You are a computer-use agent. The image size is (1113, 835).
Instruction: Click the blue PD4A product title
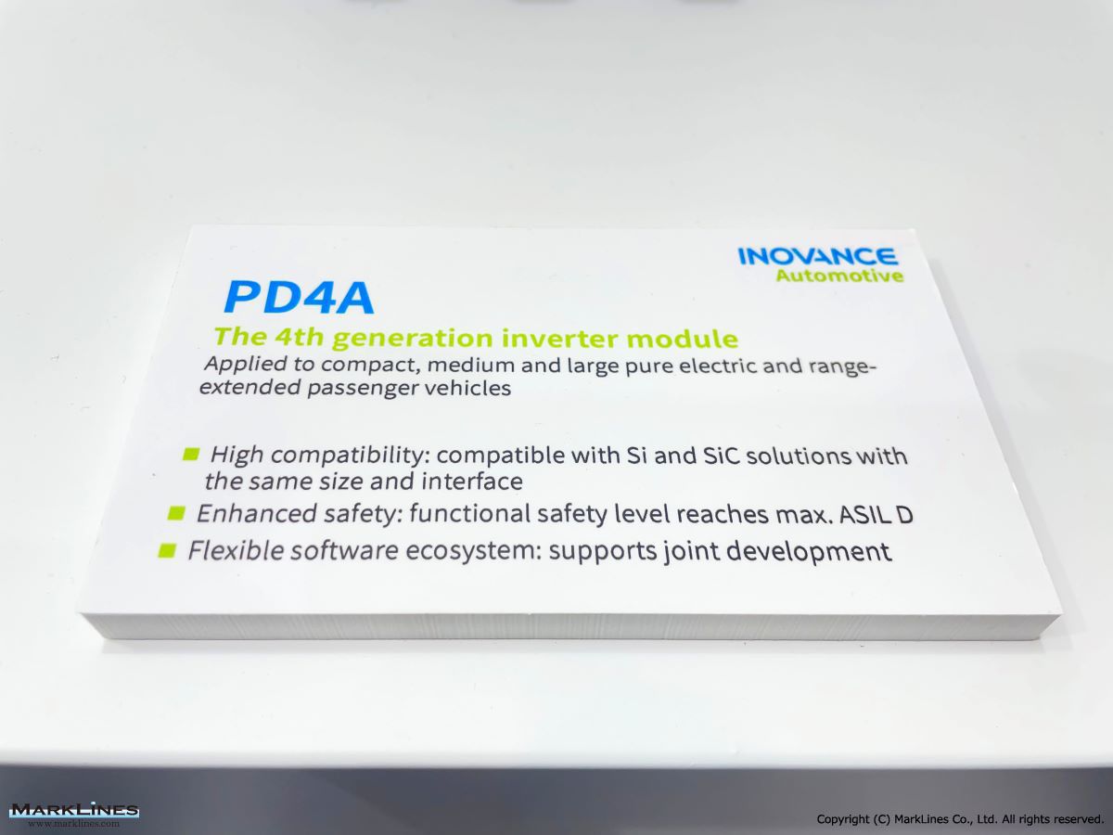coord(299,298)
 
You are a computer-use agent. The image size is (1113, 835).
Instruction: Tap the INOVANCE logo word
coord(817,257)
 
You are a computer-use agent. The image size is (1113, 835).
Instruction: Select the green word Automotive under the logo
coord(839,276)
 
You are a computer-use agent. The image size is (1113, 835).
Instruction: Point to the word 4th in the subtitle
coord(300,337)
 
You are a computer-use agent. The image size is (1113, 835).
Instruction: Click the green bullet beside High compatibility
coord(191,454)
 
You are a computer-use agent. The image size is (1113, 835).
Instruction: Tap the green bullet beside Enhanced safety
coord(176,513)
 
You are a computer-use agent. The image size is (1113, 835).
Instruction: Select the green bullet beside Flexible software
coord(167,550)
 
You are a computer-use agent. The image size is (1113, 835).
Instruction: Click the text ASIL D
coord(876,515)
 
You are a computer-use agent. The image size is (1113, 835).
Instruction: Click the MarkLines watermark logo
coord(74,810)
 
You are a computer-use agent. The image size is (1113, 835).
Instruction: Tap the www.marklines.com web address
coord(74,823)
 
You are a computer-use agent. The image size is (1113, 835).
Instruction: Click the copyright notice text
coord(960,819)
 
